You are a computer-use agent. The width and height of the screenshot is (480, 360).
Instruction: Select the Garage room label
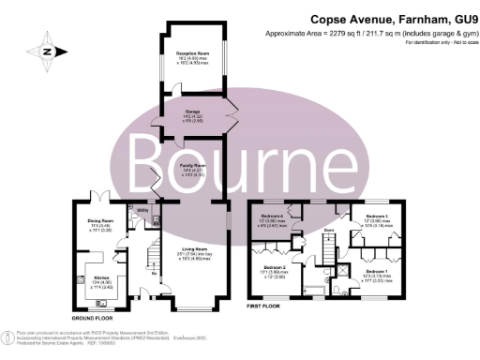[x=191, y=116]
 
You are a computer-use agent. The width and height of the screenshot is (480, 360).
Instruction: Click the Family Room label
[x=192, y=169]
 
